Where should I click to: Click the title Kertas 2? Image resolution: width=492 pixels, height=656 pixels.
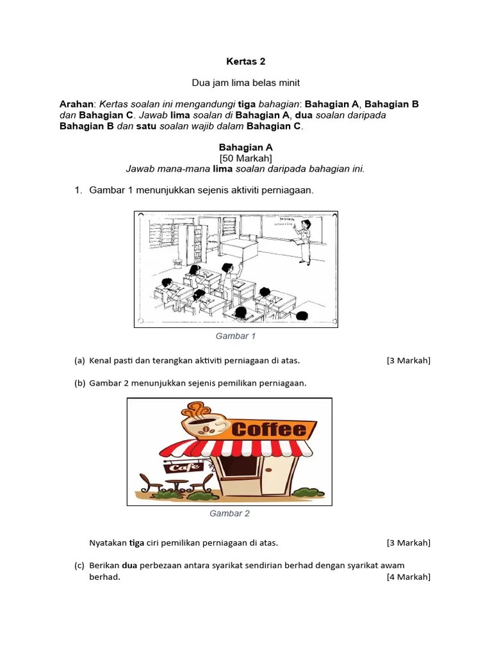pos(245,61)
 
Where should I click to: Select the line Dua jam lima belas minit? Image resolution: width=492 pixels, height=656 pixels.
pos(245,83)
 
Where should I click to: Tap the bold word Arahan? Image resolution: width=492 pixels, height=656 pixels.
pos(76,104)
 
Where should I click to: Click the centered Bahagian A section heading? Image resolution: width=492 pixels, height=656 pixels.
pos(245,147)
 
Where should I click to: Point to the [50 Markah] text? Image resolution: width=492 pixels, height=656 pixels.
pos(245,158)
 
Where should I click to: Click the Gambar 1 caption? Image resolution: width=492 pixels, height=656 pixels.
pos(235,336)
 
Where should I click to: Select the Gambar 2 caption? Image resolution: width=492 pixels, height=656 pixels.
pos(229,513)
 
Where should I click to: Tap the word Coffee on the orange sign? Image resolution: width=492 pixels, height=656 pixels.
pos(268,429)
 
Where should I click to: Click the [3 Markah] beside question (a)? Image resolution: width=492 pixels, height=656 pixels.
pos(408,360)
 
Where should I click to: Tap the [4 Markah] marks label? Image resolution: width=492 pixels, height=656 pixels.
pos(408,577)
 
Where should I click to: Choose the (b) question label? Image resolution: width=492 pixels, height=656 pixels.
pos(80,383)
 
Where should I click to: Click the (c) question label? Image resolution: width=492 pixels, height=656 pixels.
pos(80,565)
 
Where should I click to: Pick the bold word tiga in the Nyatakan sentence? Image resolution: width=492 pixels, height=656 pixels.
pos(136,543)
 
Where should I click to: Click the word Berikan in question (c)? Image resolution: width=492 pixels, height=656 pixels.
pos(104,565)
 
